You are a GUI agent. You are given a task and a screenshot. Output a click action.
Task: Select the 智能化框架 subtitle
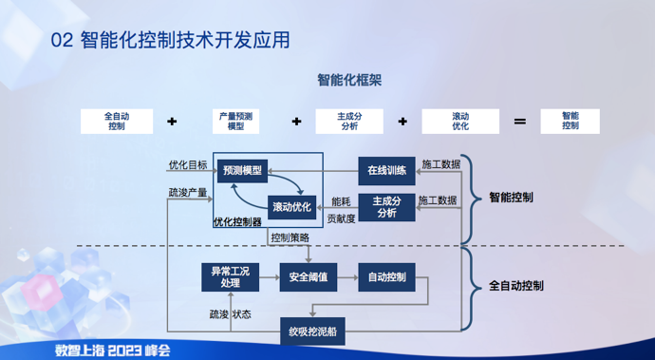(349, 81)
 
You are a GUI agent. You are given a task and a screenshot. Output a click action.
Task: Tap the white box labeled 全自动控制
(116, 121)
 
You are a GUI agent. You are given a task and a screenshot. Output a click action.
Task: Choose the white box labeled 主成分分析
(348, 121)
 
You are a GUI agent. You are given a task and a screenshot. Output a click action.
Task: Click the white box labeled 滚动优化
(460, 121)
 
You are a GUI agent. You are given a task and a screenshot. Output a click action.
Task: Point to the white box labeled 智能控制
(570, 121)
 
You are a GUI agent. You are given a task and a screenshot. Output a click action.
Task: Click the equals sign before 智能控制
(519, 122)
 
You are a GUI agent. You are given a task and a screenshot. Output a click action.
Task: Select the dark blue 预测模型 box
(242, 171)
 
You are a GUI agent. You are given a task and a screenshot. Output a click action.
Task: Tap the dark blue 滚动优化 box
(291, 206)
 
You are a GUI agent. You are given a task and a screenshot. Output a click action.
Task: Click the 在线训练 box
(386, 171)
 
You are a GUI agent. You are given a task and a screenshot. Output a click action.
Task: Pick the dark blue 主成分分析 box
(386, 206)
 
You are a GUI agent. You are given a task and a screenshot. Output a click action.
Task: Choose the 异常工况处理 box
(229, 276)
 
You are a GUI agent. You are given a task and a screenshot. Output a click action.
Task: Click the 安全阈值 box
(309, 277)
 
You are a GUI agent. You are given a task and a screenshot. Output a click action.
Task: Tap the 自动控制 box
(386, 277)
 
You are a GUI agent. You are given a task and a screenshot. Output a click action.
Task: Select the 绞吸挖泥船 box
(312, 332)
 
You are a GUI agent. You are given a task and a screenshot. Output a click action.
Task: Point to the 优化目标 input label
(187, 165)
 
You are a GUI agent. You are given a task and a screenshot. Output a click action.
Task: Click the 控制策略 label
(290, 237)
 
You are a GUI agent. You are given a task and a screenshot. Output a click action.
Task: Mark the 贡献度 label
(341, 218)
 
